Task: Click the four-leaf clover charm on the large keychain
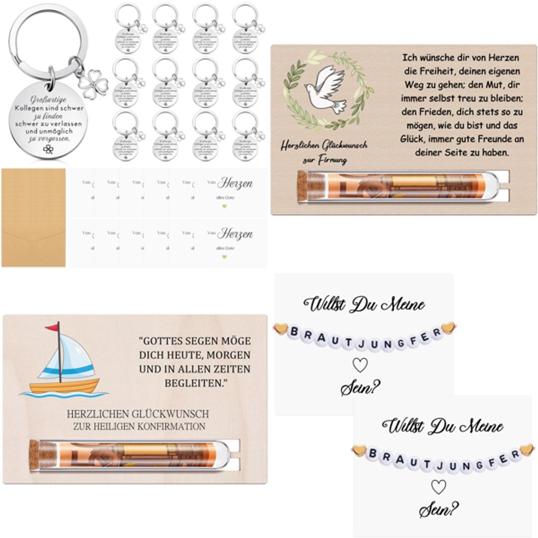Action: click(x=93, y=83)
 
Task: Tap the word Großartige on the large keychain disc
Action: click(x=47, y=98)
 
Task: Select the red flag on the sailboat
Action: click(x=52, y=328)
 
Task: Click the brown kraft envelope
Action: click(x=33, y=217)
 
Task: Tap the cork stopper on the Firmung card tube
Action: click(x=302, y=186)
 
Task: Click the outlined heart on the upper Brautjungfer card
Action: click(x=360, y=365)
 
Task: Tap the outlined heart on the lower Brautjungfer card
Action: click(x=438, y=487)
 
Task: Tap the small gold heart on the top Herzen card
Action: click(x=224, y=206)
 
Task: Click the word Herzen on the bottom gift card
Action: click(x=235, y=234)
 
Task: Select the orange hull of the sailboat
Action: click(x=64, y=386)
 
